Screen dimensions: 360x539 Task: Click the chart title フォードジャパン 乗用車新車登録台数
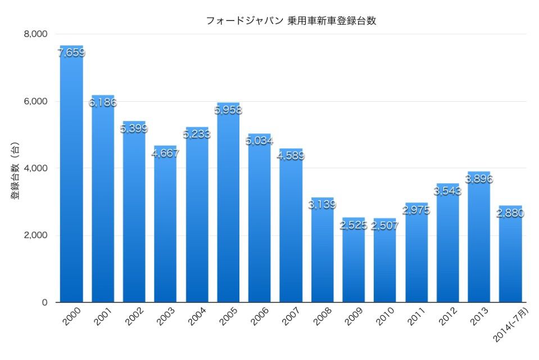(x=291, y=21)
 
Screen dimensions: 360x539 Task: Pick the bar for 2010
(x=385, y=264)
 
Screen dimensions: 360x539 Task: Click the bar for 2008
(x=322, y=253)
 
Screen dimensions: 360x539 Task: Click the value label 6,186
(x=103, y=103)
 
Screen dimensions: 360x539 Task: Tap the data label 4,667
(x=165, y=153)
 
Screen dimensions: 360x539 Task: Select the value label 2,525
(x=354, y=226)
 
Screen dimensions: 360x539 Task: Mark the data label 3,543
(x=447, y=191)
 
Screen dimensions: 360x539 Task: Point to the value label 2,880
(x=510, y=213)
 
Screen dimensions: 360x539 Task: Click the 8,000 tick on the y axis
(x=35, y=34)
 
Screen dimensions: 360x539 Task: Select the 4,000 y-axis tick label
(x=35, y=168)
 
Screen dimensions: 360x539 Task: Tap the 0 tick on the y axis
(x=44, y=302)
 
